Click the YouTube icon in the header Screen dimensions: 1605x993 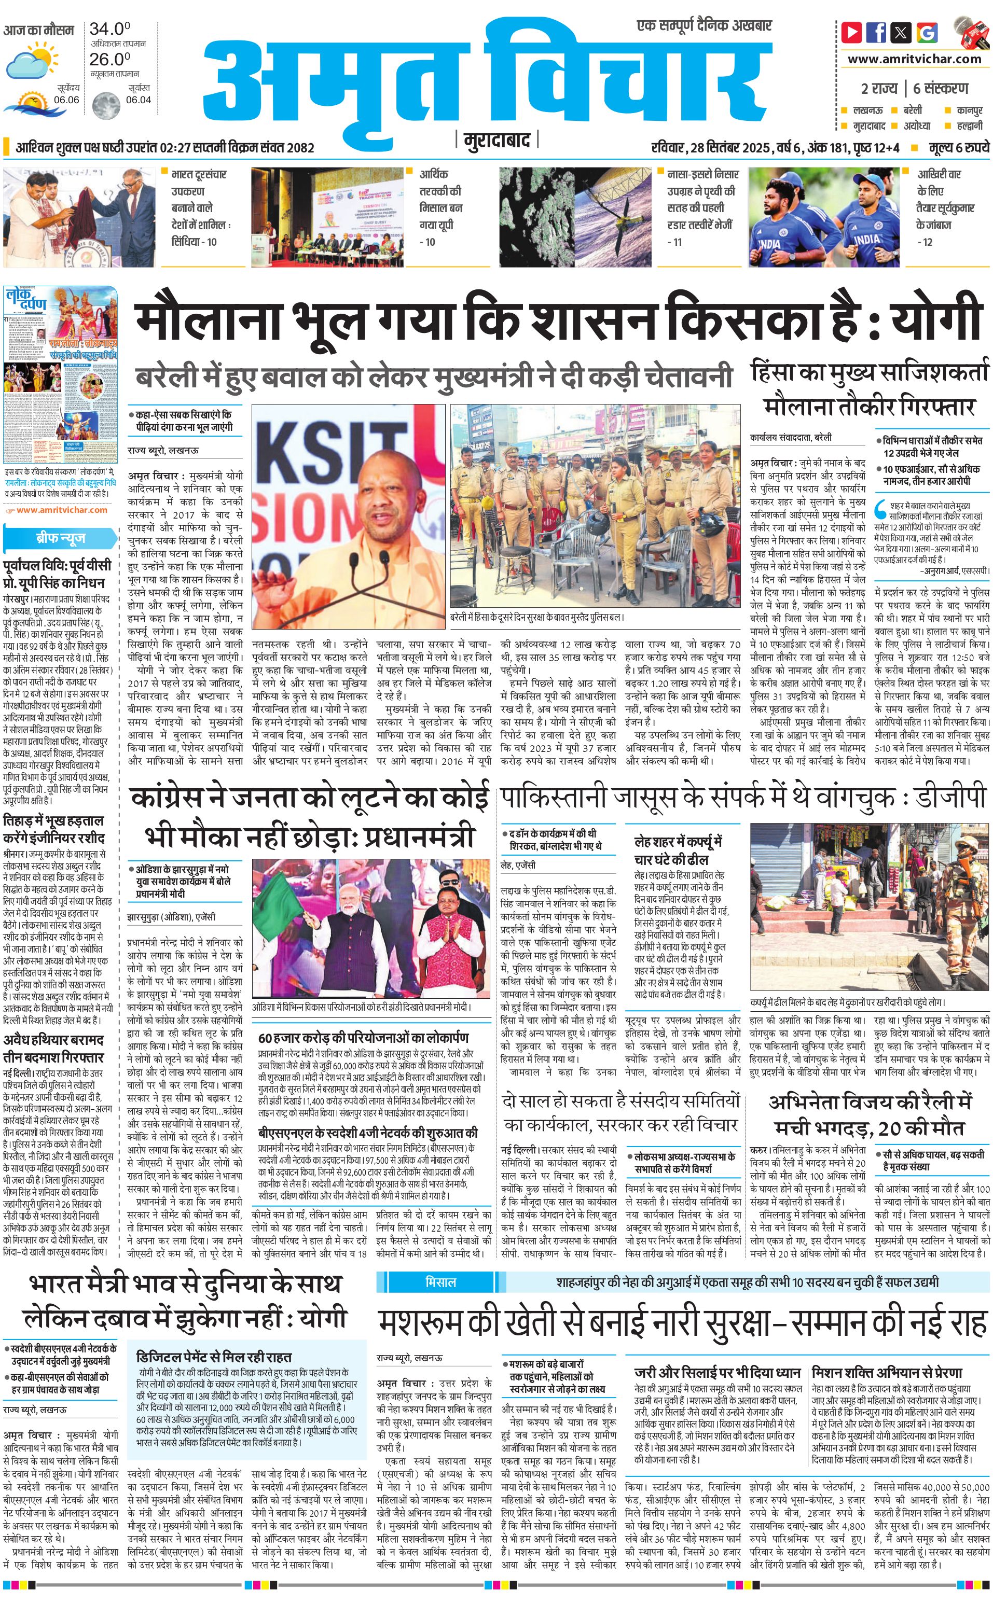(x=852, y=32)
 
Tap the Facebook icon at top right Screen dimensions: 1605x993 (x=876, y=32)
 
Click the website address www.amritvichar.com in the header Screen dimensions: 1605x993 (x=914, y=59)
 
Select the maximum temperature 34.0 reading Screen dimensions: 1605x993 (x=109, y=29)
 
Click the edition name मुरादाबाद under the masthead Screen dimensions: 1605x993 (x=496, y=140)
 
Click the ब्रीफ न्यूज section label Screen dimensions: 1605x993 (x=60, y=538)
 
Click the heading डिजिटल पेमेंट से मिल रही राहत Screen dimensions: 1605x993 (x=214, y=1358)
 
